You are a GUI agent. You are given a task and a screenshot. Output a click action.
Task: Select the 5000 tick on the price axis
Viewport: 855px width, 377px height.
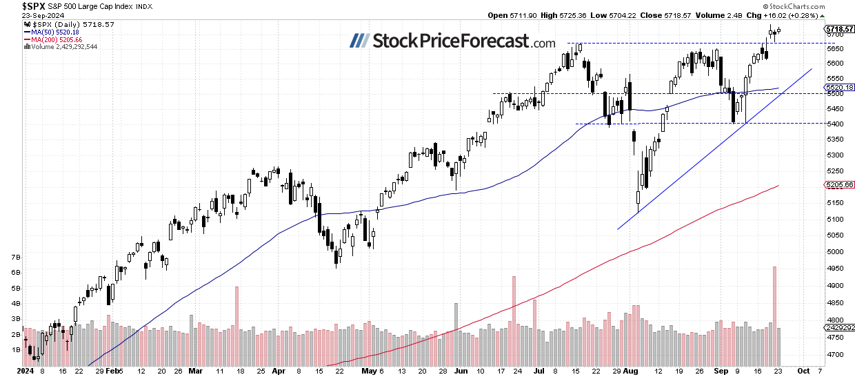coord(834,251)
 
